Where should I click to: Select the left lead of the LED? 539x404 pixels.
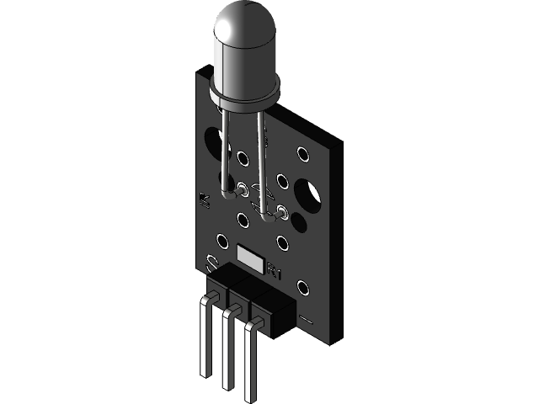[224, 151]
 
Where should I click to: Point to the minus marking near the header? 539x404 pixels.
[307, 321]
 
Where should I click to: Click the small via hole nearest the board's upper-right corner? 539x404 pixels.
[302, 154]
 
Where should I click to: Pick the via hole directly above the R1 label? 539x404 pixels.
[282, 243]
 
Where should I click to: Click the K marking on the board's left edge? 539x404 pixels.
[202, 199]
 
